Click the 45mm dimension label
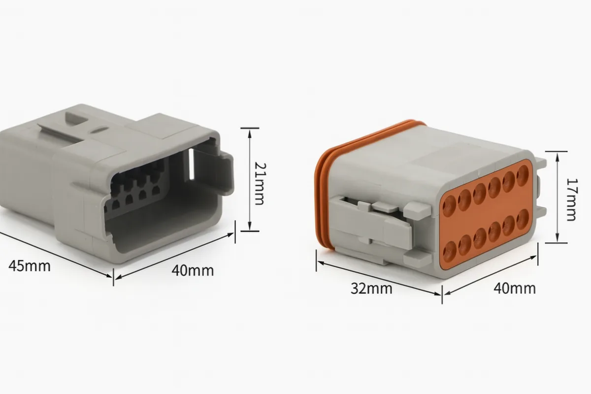click(x=29, y=266)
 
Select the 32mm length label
click(x=371, y=289)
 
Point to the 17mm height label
click(x=572, y=199)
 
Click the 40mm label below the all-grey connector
click(x=193, y=270)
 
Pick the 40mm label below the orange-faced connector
click(x=515, y=289)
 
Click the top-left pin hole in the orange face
click(x=449, y=206)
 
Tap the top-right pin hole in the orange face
click(x=523, y=175)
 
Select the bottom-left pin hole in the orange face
click(x=450, y=251)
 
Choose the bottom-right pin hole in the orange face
click(x=523, y=219)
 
